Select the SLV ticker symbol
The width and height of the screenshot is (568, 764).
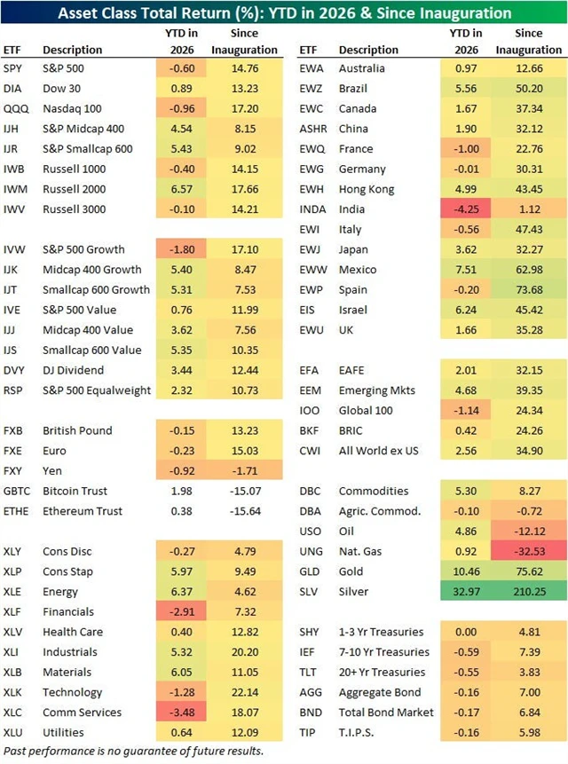tap(310, 592)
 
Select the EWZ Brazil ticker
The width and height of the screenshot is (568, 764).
tap(311, 88)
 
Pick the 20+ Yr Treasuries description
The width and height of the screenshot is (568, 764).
tap(383, 672)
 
